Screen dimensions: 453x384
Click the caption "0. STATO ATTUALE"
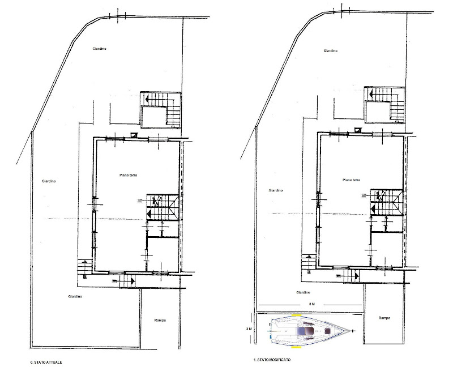(46, 362)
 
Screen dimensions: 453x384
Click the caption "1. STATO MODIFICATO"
(272, 360)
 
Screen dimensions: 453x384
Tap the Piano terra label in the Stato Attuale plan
(129, 175)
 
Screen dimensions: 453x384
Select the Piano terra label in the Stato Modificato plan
(351, 180)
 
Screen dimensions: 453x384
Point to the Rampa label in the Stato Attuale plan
(160, 320)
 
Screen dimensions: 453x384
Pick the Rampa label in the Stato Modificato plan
(384, 318)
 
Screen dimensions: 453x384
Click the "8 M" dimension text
(312, 304)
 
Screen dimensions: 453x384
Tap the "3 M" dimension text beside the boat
(249, 329)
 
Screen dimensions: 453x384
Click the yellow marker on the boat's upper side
(296, 315)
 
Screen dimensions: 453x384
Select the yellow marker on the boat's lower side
(296, 347)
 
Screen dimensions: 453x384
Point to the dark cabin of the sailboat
(306, 331)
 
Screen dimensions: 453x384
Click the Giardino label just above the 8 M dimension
(303, 292)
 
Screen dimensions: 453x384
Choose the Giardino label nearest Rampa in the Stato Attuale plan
(75, 296)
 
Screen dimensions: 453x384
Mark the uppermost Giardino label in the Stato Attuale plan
(100, 49)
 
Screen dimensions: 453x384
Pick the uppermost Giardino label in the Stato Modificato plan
(331, 51)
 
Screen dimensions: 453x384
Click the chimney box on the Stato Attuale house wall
(134, 134)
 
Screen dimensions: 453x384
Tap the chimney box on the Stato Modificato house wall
(358, 130)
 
